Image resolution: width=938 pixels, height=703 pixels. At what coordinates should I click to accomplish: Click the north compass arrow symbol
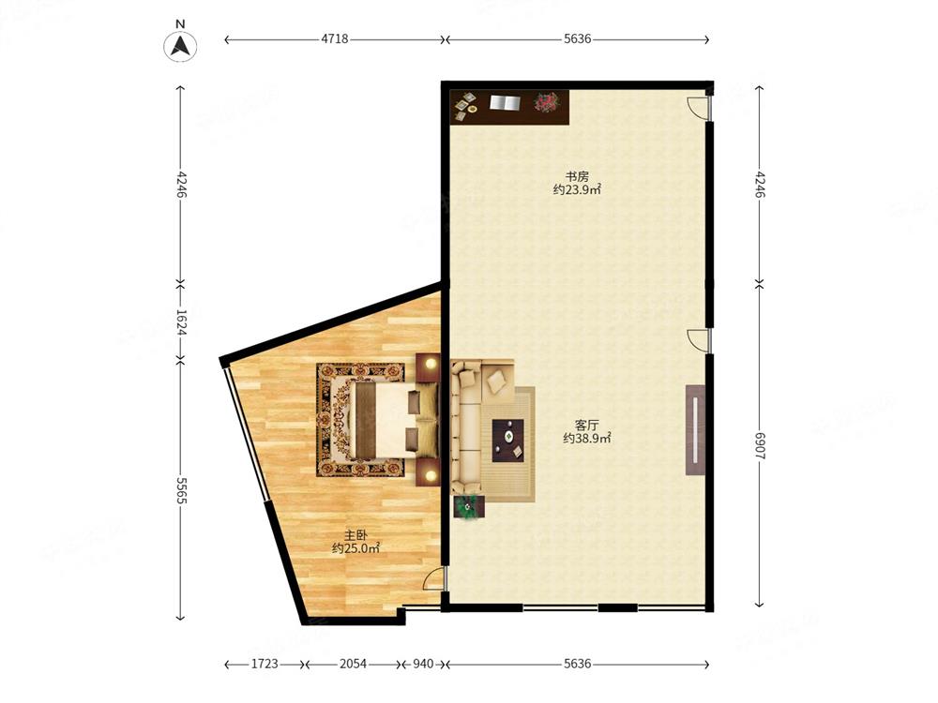pyautogui.click(x=180, y=45)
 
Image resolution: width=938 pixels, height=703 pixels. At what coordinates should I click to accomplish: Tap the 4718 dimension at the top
pyautogui.click(x=335, y=39)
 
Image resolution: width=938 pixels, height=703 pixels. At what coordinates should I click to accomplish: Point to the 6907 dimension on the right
pyautogui.click(x=760, y=446)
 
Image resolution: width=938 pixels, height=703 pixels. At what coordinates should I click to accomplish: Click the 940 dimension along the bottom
pyautogui.click(x=423, y=664)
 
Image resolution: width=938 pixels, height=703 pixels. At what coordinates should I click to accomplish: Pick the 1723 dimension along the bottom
pyautogui.click(x=265, y=664)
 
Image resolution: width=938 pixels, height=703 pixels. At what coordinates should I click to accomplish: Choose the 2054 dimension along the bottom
pyautogui.click(x=353, y=664)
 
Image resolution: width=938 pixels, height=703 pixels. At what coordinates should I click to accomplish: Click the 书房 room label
pyautogui.click(x=577, y=176)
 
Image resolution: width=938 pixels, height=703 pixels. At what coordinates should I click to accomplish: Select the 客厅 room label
pyautogui.click(x=586, y=425)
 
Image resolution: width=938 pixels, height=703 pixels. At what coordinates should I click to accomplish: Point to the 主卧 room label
pyautogui.click(x=356, y=535)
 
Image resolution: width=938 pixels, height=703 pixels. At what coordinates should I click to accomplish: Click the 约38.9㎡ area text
pyautogui.click(x=587, y=438)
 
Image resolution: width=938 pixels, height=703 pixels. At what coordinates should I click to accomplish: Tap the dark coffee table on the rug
pyautogui.click(x=507, y=440)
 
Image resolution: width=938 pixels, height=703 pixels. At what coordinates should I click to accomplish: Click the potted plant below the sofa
pyautogui.click(x=470, y=507)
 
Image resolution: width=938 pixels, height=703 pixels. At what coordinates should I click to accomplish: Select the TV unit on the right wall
pyautogui.click(x=696, y=429)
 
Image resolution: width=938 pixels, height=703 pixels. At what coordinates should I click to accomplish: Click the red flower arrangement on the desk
pyautogui.click(x=546, y=101)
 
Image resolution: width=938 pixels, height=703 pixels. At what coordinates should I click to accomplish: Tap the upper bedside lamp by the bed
pyautogui.click(x=429, y=362)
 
